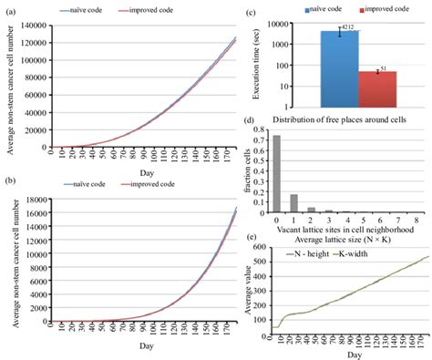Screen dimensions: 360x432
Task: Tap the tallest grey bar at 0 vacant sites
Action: [x=276, y=174]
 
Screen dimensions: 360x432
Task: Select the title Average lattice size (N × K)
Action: [x=342, y=239]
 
